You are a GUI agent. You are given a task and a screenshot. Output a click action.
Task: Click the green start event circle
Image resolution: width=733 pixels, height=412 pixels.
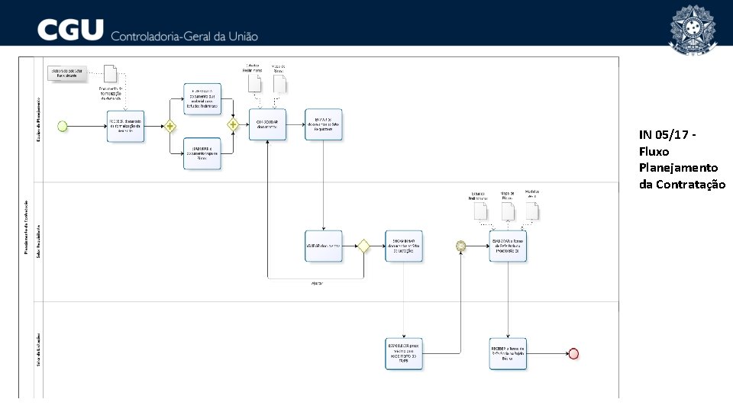(x=63, y=126)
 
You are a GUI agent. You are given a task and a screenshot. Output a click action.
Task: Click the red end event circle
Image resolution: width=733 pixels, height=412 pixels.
(x=573, y=353)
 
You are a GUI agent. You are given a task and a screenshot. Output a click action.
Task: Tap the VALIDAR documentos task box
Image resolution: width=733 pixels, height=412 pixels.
(x=323, y=246)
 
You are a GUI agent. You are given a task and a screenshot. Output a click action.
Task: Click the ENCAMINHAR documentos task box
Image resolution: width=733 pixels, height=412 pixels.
(x=404, y=246)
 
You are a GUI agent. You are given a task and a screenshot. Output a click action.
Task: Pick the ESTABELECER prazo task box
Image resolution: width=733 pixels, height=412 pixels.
(x=404, y=353)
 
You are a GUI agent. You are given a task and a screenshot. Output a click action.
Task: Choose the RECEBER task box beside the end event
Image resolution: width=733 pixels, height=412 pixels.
(x=508, y=353)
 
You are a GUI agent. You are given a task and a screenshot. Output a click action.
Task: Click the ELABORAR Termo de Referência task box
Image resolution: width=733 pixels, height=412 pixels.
(x=508, y=246)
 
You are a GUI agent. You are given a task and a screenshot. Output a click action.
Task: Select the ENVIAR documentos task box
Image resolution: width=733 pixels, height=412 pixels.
(x=323, y=124)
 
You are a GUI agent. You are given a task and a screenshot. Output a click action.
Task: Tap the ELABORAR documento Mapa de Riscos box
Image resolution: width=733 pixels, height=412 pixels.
(x=202, y=153)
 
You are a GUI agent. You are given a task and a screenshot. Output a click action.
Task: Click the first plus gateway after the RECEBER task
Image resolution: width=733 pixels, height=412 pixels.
(x=169, y=126)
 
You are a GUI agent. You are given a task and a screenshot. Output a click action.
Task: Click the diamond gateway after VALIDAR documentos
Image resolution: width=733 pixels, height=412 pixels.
(x=364, y=246)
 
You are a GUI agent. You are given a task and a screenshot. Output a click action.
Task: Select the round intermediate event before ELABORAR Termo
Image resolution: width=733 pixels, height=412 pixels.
(x=460, y=246)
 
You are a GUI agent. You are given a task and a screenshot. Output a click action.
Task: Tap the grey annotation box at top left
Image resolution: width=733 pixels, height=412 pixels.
(x=66, y=73)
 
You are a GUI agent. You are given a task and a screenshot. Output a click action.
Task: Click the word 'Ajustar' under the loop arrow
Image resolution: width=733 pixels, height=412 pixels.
(x=316, y=284)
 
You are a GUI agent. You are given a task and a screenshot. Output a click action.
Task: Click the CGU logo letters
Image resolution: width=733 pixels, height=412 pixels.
(x=70, y=31)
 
